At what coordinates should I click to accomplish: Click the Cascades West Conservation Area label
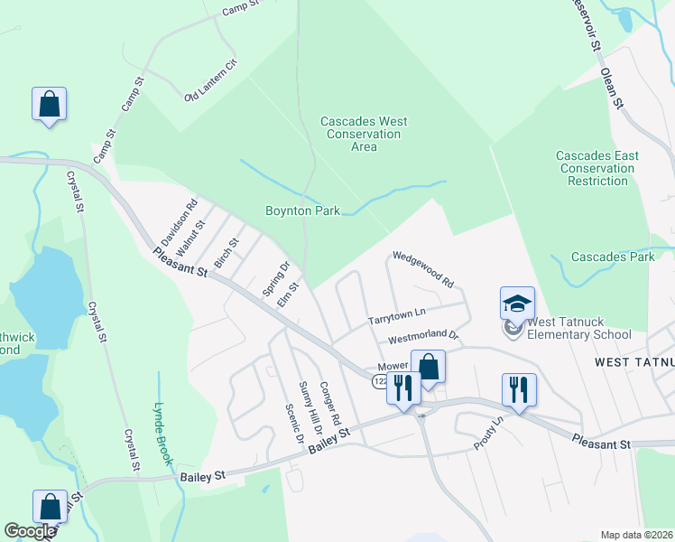point(364,134)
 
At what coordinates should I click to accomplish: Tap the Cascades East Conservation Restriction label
point(597,168)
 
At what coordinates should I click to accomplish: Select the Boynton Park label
point(302,210)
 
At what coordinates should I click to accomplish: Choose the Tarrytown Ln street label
point(396,317)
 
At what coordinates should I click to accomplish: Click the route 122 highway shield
point(381,382)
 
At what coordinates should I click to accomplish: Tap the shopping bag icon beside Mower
point(429,367)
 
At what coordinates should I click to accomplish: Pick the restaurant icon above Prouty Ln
point(519,389)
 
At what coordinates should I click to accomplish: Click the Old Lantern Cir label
point(209,81)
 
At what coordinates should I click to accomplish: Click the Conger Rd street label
point(329,402)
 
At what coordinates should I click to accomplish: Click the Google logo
point(30,531)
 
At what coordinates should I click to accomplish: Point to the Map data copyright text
point(635,535)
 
